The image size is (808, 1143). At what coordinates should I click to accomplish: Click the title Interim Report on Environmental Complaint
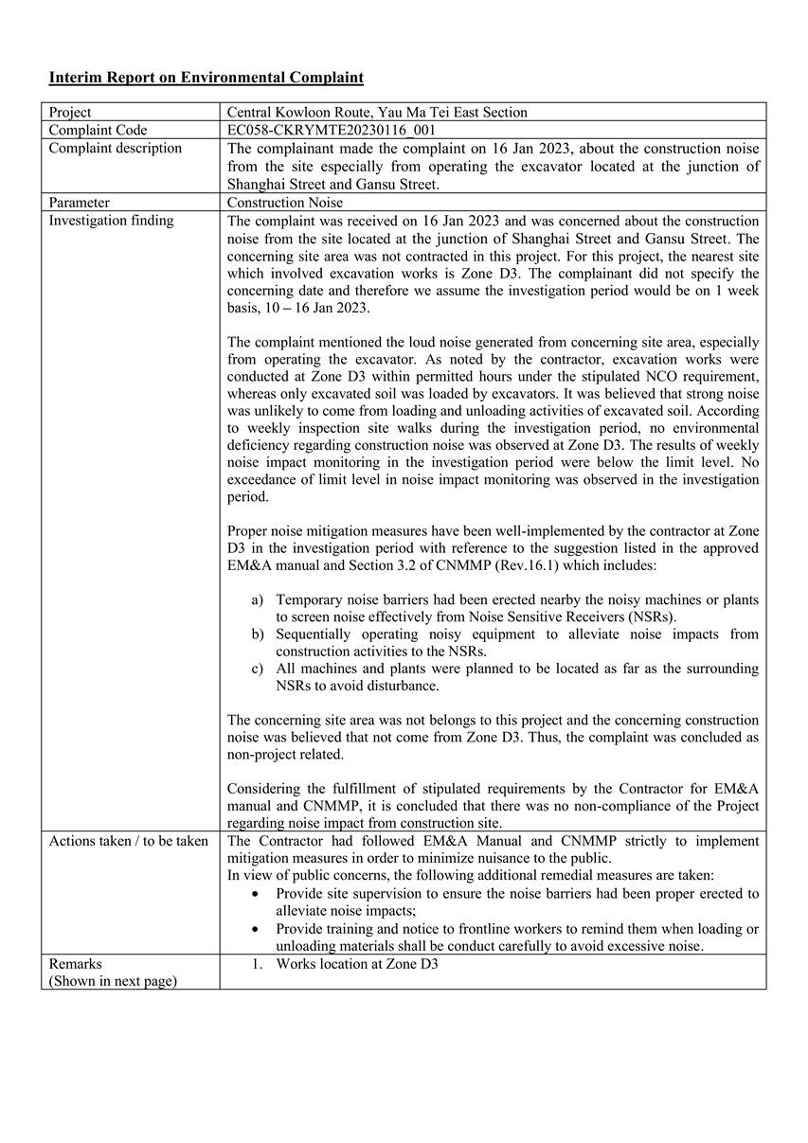(206, 78)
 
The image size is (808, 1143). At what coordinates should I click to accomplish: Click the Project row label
(70, 112)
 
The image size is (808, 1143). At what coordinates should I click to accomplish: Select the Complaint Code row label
(99, 130)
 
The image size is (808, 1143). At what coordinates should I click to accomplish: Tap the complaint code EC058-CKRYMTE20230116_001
(332, 130)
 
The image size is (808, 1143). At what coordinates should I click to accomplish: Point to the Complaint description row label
(115, 148)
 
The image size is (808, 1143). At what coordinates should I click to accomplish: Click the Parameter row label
(80, 202)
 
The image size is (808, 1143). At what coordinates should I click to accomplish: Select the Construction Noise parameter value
(285, 202)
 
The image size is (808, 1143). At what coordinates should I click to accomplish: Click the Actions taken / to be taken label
(128, 840)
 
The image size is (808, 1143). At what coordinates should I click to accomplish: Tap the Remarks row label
(75, 963)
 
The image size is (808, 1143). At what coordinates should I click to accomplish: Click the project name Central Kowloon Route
(299, 112)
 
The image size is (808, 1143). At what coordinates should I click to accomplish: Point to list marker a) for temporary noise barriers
(258, 599)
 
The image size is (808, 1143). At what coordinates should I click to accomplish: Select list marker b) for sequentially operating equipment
(258, 634)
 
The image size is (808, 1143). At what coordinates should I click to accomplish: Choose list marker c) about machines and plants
(258, 668)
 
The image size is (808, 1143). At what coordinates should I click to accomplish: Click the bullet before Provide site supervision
(257, 893)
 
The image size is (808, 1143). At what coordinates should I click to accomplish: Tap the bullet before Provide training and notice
(257, 929)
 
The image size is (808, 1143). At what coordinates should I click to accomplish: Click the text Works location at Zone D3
(357, 963)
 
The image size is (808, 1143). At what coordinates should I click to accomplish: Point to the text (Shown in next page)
(113, 980)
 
